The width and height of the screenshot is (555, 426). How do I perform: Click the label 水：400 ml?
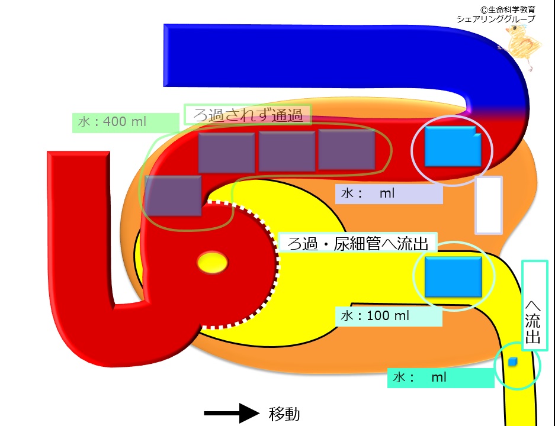112,122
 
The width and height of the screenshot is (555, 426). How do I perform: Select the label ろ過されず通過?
248,115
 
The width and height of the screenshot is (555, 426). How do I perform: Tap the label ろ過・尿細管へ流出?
358,243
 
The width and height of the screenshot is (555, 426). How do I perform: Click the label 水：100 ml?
375,315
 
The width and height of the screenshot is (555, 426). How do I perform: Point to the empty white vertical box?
489,205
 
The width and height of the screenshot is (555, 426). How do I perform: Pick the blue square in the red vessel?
453,146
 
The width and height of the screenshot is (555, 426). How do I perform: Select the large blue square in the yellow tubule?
453,277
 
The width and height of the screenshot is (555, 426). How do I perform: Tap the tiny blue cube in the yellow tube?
512,362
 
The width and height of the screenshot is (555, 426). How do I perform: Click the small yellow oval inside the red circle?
213,262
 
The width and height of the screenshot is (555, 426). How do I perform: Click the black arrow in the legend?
232,413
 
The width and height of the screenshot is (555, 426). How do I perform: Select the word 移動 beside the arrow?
284,414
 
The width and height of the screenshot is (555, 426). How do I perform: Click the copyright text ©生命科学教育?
508,9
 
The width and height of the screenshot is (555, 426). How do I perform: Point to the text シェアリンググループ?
496,19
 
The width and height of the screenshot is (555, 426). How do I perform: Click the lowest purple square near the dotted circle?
173,195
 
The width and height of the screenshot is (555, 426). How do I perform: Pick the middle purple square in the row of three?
287,151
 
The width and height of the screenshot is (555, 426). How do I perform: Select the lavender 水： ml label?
389,193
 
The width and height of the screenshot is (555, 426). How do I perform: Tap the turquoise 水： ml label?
441,377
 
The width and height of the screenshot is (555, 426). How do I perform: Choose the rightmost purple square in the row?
347,150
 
